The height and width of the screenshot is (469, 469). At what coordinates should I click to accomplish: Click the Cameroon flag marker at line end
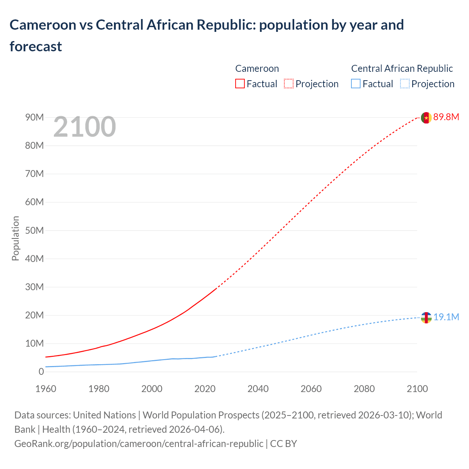426,118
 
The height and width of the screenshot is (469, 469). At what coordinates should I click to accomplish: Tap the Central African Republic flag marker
426,318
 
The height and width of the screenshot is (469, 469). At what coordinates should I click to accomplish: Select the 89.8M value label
446,117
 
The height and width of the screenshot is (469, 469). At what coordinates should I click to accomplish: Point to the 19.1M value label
446,317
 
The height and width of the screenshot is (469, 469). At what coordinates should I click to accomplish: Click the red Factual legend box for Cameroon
240,84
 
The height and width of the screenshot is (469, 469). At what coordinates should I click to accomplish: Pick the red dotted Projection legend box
289,84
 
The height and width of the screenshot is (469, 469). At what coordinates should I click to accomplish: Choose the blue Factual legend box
356,84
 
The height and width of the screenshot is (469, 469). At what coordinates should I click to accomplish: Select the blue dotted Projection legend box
405,84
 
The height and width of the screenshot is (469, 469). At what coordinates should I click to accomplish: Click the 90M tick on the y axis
34,118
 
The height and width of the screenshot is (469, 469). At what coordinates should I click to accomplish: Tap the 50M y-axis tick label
34,231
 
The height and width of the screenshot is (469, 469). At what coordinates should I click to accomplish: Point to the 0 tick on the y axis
41,372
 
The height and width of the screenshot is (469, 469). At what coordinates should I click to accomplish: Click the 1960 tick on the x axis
46,389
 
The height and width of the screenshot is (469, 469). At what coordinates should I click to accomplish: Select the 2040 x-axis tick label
258,389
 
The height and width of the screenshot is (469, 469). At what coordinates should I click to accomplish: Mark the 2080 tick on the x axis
364,389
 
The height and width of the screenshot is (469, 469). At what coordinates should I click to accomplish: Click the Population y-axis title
15,238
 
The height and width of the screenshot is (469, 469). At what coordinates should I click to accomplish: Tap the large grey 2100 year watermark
85,127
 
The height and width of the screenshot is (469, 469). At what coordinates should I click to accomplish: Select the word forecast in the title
36,47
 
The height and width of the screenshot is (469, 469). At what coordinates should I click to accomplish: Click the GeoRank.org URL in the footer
139,444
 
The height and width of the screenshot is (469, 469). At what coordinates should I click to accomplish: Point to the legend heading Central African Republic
402,69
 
